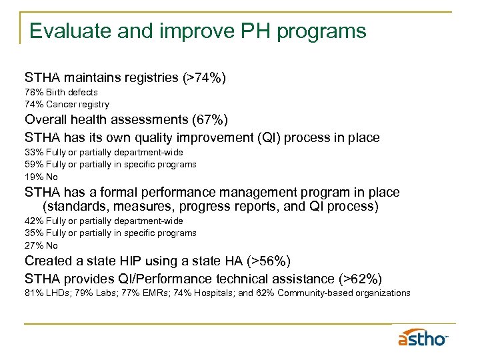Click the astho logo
[x=423, y=338]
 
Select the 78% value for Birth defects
[x=34, y=92]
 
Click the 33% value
[x=34, y=152]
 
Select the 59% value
[x=34, y=164]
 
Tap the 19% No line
[x=41, y=177]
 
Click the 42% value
[x=34, y=221]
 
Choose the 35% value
[x=34, y=233]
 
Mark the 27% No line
[x=41, y=245]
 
